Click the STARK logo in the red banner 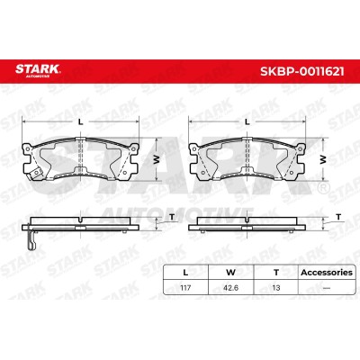(38, 70)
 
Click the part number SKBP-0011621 (302, 71)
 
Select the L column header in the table (185, 273)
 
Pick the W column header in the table (230, 273)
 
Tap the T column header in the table (276, 273)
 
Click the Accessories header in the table (327, 273)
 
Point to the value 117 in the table (185, 288)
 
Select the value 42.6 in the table (230, 288)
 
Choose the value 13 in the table (276, 288)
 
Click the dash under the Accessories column (327, 288)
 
